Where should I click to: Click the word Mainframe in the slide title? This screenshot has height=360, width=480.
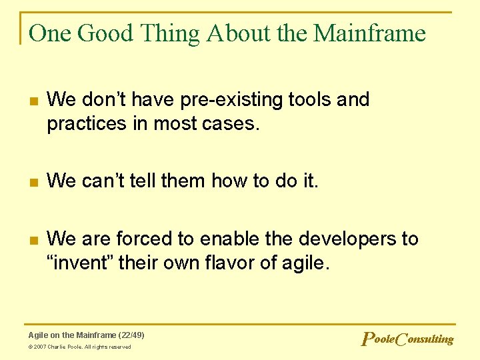click(369, 33)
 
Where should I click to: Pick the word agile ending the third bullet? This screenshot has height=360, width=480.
click(306, 263)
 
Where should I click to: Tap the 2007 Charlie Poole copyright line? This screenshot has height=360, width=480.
click(79, 347)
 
